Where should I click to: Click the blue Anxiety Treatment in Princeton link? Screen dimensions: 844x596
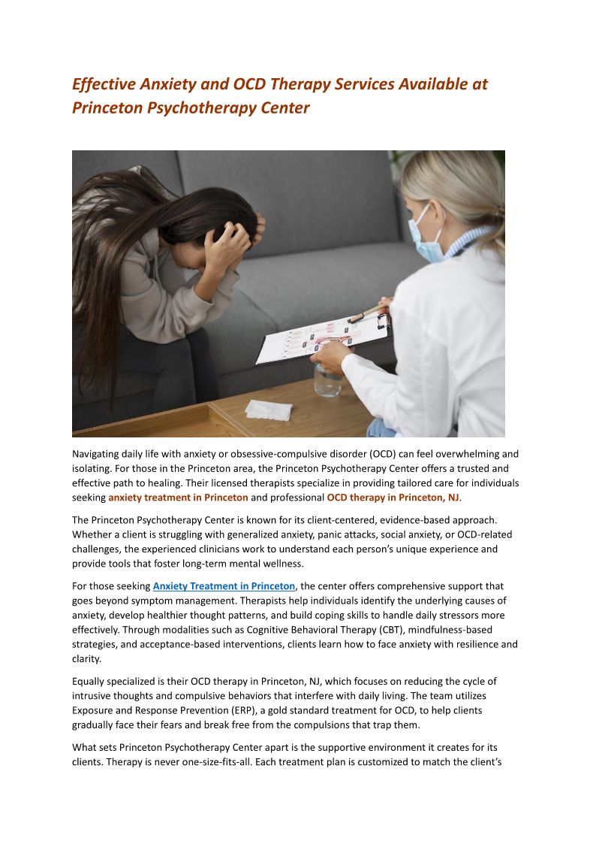click(224, 586)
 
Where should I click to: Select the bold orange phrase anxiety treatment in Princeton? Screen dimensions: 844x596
click(178, 498)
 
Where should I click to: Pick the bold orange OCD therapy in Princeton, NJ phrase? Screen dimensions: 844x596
click(393, 498)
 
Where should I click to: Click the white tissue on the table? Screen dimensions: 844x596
click(268, 410)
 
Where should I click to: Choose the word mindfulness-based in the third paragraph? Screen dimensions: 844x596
click(451, 629)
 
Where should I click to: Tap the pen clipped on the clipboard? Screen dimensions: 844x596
click(367, 312)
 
